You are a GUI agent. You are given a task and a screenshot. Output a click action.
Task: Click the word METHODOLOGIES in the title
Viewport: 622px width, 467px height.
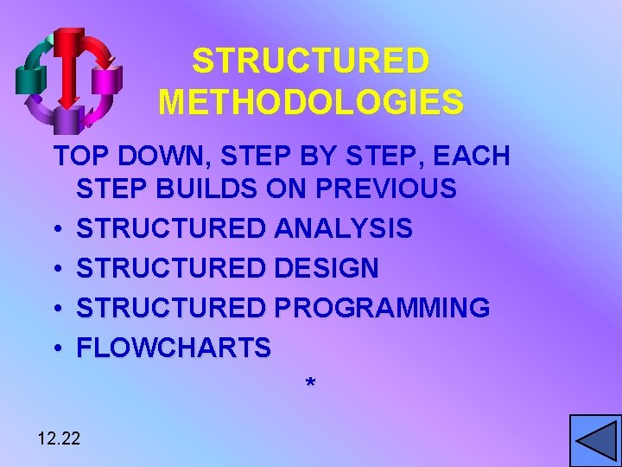(311, 101)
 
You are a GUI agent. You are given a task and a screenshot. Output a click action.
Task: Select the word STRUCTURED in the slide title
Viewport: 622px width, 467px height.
(311, 61)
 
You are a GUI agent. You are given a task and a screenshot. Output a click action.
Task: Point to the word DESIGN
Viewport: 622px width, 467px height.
(326, 268)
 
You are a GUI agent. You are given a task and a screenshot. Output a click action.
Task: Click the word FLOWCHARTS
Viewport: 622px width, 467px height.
(174, 348)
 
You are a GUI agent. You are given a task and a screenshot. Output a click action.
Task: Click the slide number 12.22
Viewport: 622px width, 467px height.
(59, 438)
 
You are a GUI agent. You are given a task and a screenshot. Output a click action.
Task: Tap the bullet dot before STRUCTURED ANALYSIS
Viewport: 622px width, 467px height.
(55, 230)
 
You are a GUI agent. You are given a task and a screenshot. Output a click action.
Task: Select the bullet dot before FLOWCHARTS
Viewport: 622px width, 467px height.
(55, 349)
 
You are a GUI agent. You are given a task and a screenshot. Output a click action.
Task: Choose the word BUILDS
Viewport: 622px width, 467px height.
(209, 189)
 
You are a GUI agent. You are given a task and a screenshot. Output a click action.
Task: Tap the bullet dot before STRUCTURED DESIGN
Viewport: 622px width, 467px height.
(55, 269)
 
